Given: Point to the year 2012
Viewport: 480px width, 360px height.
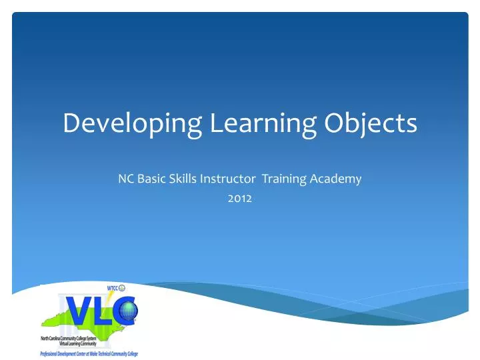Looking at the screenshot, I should pos(240,197).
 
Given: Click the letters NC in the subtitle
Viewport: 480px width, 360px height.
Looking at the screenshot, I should pos(125,179).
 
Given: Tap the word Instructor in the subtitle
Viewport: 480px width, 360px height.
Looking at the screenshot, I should pos(227,179).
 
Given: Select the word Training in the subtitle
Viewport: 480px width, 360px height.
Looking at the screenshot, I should pos(284,179).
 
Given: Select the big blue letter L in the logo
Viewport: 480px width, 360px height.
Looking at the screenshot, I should pos(104,311).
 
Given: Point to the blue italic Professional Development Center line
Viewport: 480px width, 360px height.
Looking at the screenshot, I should pos(89,353).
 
